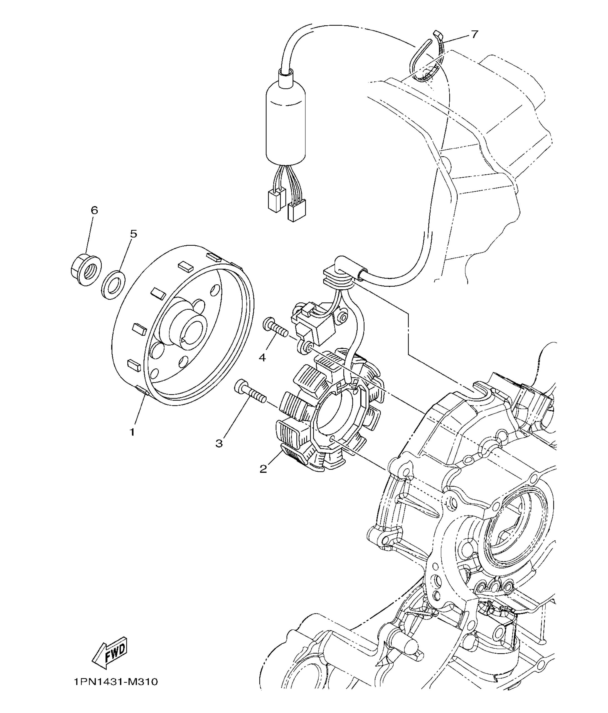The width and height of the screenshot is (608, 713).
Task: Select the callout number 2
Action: (x=263, y=469)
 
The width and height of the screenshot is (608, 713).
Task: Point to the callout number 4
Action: (x=262, y=358)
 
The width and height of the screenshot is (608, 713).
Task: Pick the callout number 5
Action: (x=134, y=234)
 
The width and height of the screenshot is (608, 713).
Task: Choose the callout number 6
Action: (x=94, y=210)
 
